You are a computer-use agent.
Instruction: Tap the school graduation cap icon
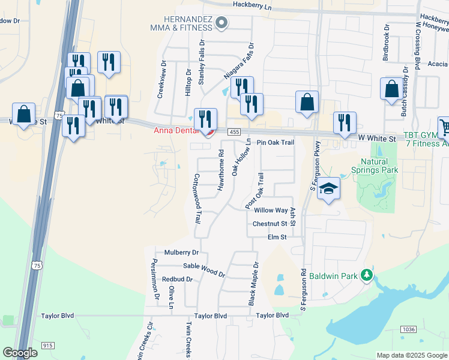[328, 189]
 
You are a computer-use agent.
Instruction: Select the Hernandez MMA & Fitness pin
[221, 23]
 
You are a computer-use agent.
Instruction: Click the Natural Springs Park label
[379, 166]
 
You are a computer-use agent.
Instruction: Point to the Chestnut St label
[270, 224]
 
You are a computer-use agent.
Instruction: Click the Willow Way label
[271, 211]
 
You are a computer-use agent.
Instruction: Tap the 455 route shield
[234, 132]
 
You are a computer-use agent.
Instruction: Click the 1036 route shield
[409, 329]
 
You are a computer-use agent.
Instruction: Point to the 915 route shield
[49, 345]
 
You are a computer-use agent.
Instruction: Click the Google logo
[20, 353]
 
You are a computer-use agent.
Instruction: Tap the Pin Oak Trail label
[275, 143]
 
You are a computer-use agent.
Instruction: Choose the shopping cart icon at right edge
[445, 127]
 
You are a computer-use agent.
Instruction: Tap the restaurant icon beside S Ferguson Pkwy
[345, 122]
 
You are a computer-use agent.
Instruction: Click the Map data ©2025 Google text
[411, 355]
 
